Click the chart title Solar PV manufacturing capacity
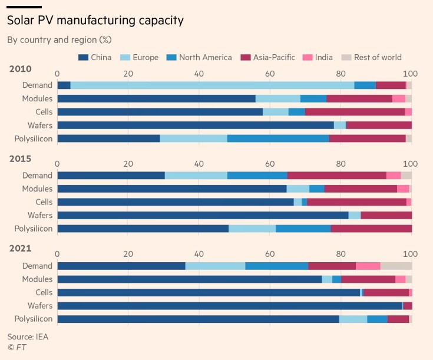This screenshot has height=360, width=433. (95, 21)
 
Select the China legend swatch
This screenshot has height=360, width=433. (83, 57)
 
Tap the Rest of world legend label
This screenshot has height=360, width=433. (377, 57)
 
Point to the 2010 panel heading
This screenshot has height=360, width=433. (20, 69)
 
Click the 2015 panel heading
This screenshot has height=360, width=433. (20, 158)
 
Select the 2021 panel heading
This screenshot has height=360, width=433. (20, 249)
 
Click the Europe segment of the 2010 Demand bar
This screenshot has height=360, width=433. (212, 85)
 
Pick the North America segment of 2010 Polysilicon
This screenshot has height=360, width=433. (277, 138)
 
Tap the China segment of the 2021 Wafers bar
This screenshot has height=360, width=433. (230, 306)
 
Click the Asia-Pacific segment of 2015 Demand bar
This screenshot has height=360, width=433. (336, 175)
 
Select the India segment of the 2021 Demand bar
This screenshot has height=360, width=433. (368, 266)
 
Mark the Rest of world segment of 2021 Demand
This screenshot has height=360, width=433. (396, 266)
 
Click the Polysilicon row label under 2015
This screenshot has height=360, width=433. (33, 229)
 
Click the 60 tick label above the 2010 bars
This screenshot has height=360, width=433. (270, 74)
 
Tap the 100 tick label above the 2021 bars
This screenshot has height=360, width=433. (411, 255)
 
